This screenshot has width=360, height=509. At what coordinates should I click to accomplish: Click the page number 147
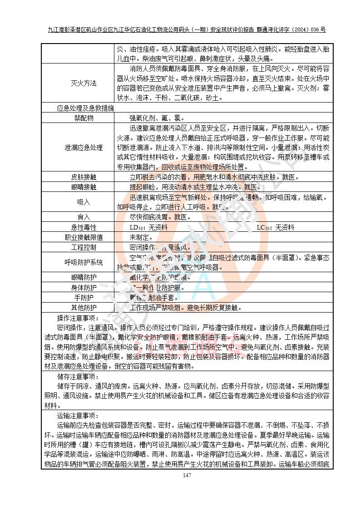pyautogui.click(x=187, y=475)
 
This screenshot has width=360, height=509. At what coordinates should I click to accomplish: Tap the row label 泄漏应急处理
pyautogui.click(x=84, y=147)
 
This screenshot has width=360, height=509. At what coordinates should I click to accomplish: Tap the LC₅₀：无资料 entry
pyautogui.click(x=275, y=227)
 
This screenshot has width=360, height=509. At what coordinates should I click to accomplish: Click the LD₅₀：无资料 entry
pyautogui.click(x=148, y=227)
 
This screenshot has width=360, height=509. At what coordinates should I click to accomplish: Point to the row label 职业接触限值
pyautogui.click(x=84, y=237)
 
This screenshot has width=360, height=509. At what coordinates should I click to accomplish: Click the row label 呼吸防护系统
pyautogui.click(x=84, y=262)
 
